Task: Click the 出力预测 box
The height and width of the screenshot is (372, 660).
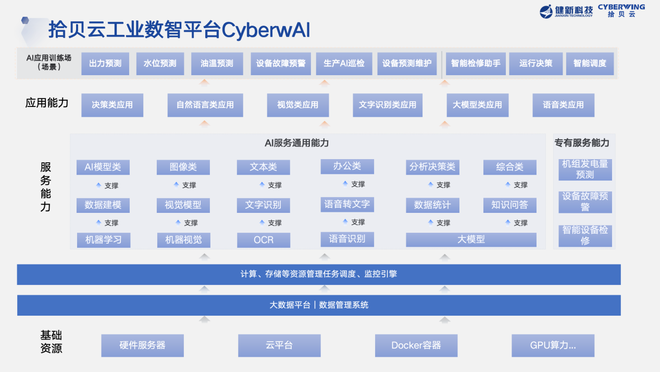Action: (x=105, y=64)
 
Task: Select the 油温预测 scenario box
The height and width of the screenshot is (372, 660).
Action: (x=217, y=64)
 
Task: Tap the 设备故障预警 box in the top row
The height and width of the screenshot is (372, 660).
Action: (x=281, y=64)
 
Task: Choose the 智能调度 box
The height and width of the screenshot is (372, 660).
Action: (x=590, y=64)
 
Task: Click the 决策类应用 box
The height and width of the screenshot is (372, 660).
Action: (x=112, y=105)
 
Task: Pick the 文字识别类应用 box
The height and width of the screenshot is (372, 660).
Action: (x=388, y=105)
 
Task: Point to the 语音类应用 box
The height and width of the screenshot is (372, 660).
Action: (x=563, y=105)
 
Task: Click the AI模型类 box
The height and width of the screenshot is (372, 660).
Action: (x=103, y=167)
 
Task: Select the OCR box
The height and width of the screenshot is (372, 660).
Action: (x=263, y=240)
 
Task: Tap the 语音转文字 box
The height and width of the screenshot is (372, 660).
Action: (x=347, y=205)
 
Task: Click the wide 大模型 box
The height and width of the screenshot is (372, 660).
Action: (x=471, y=239)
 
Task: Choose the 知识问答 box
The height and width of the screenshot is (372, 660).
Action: (x=509, y=205)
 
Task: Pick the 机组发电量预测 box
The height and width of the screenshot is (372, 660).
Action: (x=585, y=169)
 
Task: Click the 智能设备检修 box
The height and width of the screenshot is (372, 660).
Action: (x=585, y=235)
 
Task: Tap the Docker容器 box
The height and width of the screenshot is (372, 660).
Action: (x=416, y=345)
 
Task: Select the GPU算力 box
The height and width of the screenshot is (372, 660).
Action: (x=553, y=345)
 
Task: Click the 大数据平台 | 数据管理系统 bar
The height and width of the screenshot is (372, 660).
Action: (x=319, y=305)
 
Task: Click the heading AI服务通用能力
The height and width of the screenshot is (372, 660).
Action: (x=296, y=143)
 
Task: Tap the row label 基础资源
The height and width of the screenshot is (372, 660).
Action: (x=51, y=342)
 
